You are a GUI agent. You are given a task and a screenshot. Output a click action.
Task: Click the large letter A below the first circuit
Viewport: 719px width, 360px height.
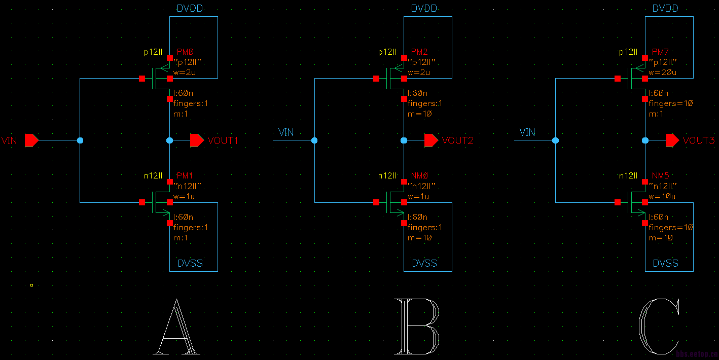176,327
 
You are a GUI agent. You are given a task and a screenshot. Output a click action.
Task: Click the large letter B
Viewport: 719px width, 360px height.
417,327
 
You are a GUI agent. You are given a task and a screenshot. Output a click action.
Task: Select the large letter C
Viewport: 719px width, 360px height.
659,327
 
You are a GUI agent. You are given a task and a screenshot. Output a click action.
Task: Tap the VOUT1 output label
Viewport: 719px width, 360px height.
223,140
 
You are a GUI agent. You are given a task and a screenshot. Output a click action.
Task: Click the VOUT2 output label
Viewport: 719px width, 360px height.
457,140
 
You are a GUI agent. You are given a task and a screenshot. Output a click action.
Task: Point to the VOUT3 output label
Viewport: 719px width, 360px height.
698,140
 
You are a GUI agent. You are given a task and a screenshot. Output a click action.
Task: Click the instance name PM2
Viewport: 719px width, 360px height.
419,52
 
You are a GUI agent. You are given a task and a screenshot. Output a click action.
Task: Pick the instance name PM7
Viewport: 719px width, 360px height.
660,52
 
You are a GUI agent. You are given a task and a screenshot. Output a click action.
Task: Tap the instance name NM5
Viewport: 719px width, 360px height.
660,175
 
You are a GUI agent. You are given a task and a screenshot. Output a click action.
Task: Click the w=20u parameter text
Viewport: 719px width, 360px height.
663,73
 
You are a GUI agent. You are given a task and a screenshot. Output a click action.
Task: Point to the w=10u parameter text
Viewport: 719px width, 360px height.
663,196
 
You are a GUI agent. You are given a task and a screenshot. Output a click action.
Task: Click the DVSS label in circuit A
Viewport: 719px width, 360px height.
190,263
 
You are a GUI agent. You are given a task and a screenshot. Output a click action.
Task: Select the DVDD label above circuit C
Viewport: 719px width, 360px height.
665,9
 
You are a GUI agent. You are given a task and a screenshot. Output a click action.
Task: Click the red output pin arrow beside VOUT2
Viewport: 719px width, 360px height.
431,140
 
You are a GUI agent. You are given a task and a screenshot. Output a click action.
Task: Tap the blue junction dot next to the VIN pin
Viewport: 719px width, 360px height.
80,140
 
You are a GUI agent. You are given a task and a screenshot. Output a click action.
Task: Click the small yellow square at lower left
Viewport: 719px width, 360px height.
31,285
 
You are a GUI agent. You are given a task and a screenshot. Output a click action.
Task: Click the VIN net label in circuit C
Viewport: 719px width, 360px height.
527,132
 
